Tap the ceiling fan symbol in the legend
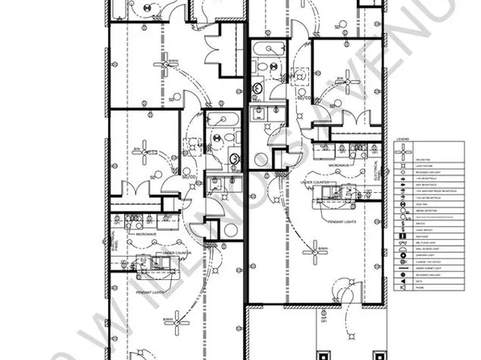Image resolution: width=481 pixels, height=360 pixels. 403,151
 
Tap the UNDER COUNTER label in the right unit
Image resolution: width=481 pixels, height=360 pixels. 317,182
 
